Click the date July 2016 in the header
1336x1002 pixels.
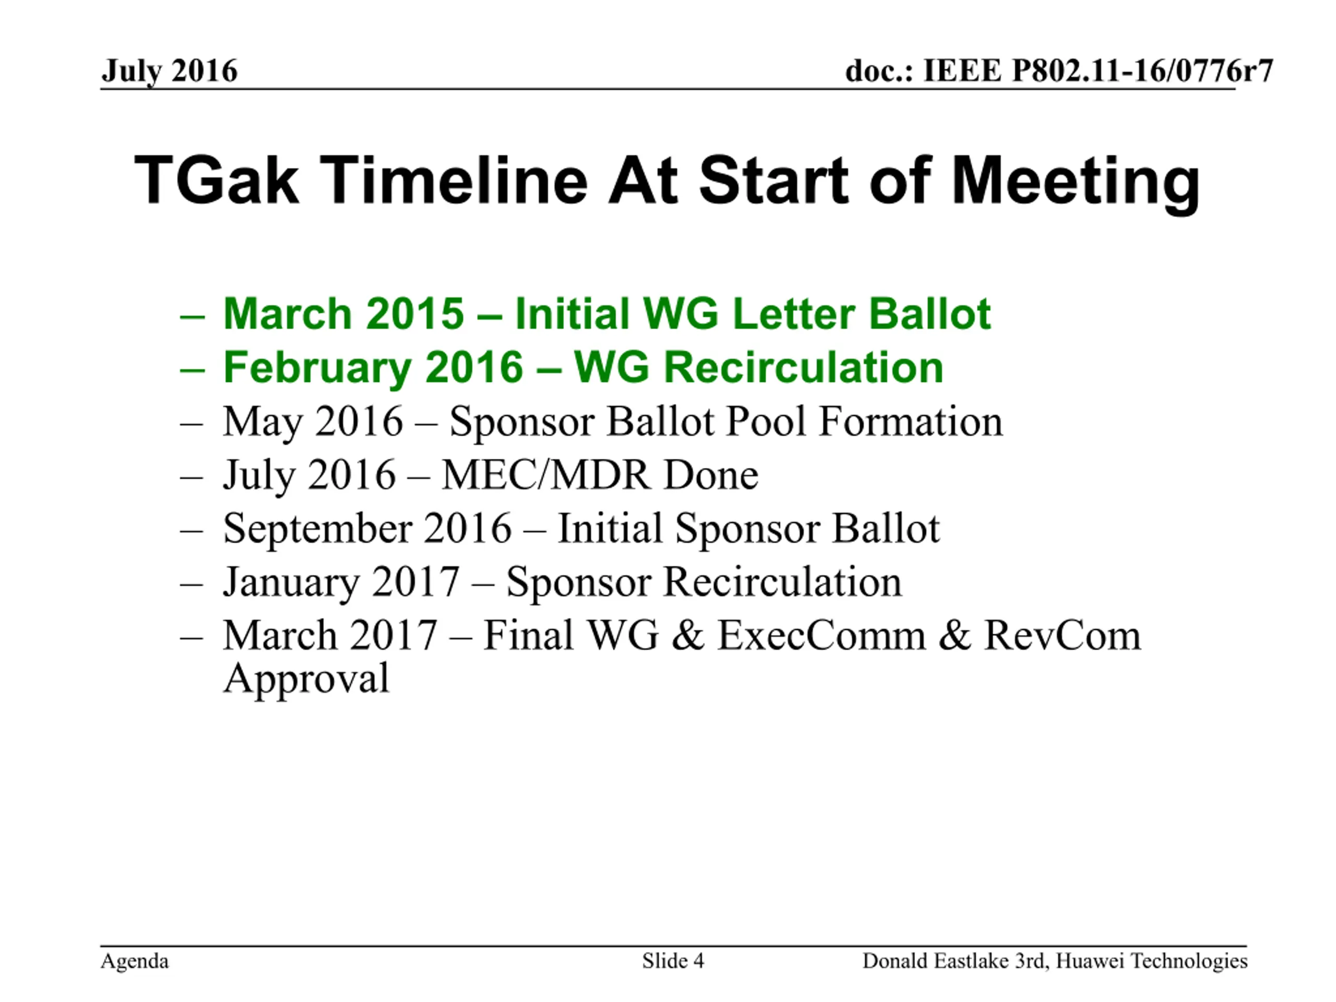pos(169,72)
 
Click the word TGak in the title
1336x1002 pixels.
pos(216,180)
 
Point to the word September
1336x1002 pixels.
pos(318,530)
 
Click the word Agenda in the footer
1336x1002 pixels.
pos(135,961)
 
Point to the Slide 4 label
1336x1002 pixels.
pos(673,960)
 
